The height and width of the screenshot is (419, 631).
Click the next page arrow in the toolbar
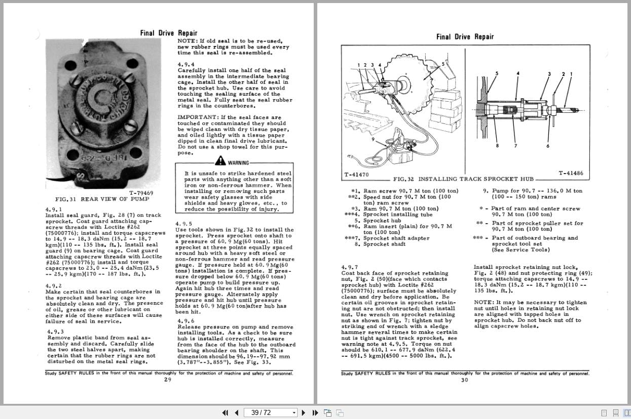tap(303, 412)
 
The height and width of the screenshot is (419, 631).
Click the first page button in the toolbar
tap(225, 412)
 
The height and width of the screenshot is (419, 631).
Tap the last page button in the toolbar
tap(314, 412)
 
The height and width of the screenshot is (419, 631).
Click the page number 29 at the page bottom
tap(167, 380)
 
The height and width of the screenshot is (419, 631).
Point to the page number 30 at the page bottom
tap(464, 381)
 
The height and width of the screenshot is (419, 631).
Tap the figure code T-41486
tap(571, 173)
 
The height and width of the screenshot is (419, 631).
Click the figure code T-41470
tap(356, 175)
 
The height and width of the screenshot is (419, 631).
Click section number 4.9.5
tap(183, 223)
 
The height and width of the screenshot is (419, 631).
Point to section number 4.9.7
tap(349, 267)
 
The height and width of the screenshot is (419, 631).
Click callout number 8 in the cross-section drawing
tap(497, 146)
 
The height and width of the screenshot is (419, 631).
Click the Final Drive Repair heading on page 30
tap(465, 36)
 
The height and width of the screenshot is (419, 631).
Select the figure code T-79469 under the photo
tap(141, 192)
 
